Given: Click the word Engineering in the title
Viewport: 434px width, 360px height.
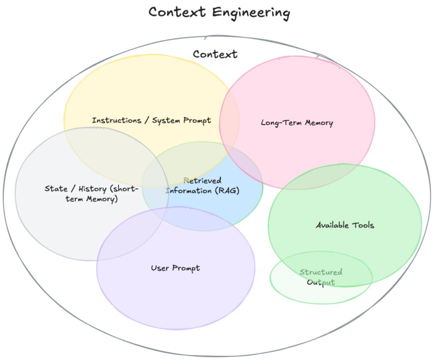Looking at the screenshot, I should click(251, 12).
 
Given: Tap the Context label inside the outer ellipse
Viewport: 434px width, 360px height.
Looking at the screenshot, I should click(215, 54).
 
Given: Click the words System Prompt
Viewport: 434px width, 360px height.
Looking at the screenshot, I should click(181, 120).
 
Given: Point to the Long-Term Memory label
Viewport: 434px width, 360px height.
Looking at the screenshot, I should click(297, 123).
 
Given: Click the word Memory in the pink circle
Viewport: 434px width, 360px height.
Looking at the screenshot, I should click(318, 123).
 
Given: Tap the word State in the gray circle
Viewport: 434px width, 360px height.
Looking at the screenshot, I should click(56, 189).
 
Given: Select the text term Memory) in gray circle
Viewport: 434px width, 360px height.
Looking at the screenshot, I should click(91, 199).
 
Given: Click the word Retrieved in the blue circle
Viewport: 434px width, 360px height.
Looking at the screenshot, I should click(203, 181).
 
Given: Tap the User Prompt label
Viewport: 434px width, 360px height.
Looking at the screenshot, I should click(175, 268).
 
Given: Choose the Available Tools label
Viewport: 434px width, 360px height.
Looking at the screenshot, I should click(345, 225).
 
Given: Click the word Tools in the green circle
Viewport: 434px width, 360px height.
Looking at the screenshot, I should click(363, 225).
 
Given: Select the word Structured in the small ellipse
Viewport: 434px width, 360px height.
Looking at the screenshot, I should click(321, 272).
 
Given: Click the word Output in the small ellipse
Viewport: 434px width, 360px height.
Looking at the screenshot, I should click(321, 282).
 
